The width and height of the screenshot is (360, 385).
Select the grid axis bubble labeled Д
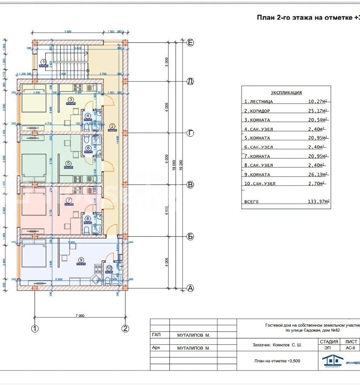(x=191, y=81)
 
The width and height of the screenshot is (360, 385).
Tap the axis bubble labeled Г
(x=191, y=133)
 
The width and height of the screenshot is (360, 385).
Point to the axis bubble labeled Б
(x=191, y=236)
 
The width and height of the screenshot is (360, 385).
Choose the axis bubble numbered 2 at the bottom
(x=125, y=329)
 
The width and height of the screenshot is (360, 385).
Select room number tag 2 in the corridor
(x=112, y=126)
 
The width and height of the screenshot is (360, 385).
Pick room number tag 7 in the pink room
(x=68, y=200)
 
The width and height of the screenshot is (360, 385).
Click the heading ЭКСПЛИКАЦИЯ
(x=286, y=92)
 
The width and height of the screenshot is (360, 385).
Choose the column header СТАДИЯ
(x=328, y=342)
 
